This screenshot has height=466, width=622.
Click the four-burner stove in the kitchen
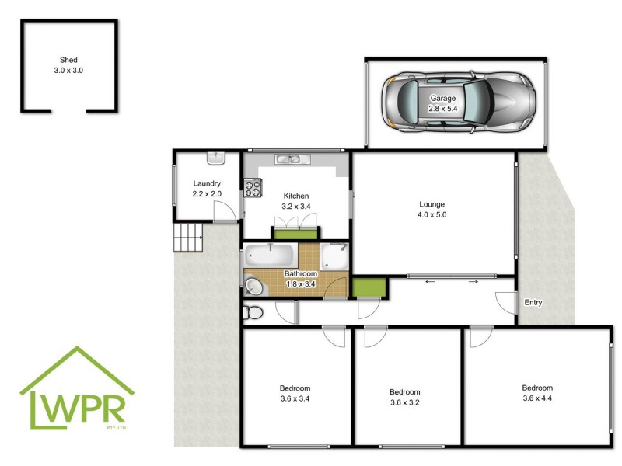(252, 189)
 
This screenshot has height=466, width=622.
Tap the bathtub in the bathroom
(269, 255)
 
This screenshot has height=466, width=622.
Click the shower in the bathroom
(335, 257)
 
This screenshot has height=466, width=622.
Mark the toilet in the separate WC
(253, 313)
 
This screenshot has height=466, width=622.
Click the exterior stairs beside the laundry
(187, 236)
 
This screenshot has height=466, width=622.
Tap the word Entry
(533, 303)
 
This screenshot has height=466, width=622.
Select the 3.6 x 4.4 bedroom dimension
(537, 398)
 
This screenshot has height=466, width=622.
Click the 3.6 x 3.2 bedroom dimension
(404, 402)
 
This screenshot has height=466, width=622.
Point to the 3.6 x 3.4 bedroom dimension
(295, 399)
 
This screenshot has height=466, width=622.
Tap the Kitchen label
(295, 196)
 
